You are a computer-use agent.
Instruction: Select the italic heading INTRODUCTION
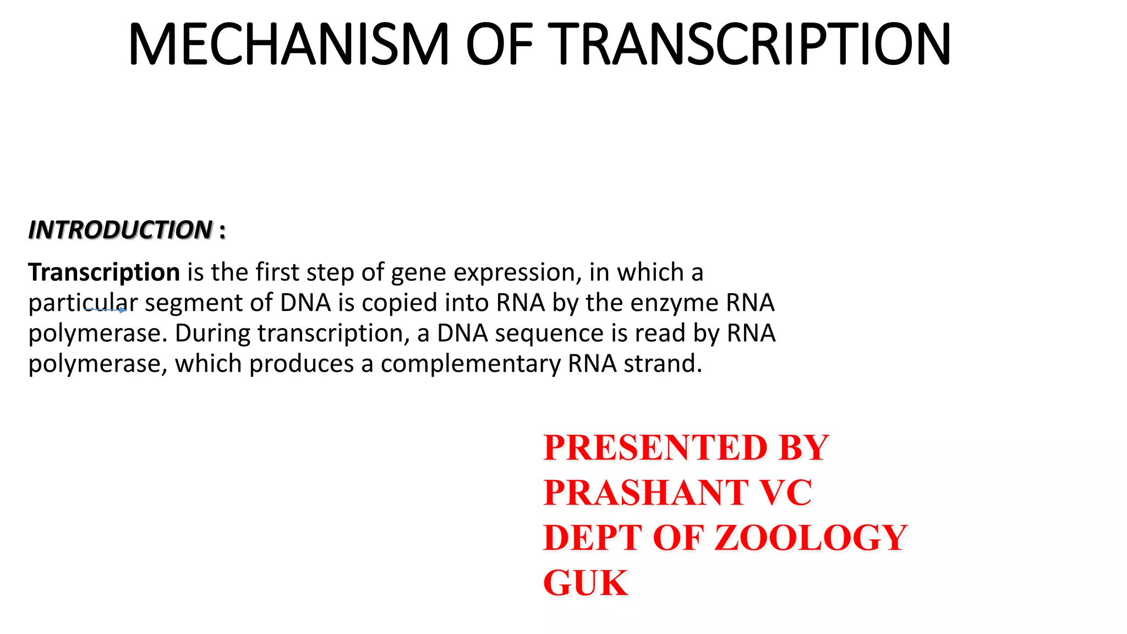pyautogui.click(x=121, y=230)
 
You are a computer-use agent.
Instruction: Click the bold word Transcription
pyautogui.click(x=104, y=272)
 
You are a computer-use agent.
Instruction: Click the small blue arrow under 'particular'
pyautogui.click(x=106, y=310)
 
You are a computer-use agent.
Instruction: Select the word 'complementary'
pyautogui.click(x=471, y=364)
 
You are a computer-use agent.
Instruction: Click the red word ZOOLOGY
pyautogui.click(x=811, y=538)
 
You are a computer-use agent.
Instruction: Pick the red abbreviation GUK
pyautogui.click(x=586, y=583)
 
